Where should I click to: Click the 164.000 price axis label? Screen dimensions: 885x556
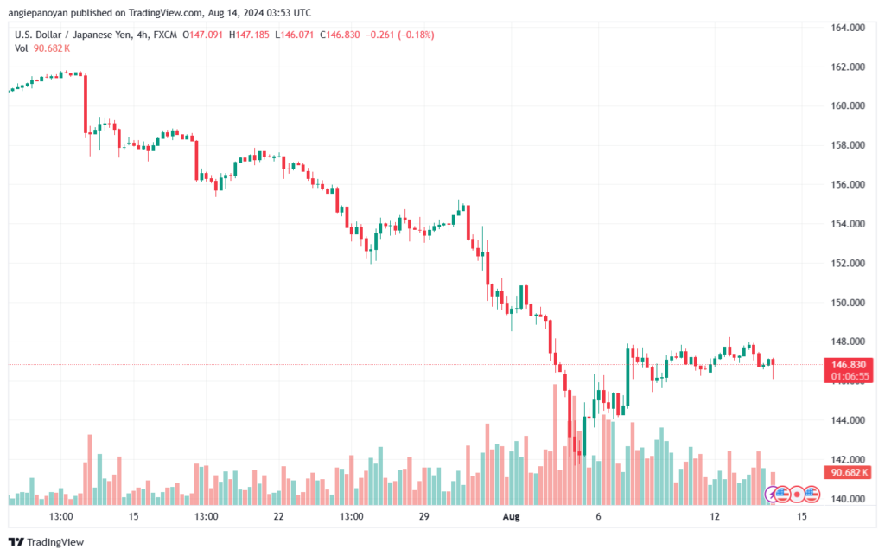848,28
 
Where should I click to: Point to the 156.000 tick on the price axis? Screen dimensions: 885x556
848,184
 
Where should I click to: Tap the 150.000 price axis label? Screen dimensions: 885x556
848,303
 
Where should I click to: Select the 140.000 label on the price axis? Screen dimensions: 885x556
848,499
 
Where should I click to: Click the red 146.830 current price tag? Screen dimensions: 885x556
849,365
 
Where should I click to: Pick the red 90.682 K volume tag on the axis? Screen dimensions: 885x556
849,472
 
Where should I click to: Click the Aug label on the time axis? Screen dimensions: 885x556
511,516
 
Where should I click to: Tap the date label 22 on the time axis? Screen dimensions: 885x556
278,516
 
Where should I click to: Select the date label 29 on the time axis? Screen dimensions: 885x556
423,516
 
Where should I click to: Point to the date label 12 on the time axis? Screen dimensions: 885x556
715,516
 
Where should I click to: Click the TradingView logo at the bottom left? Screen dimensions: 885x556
47,542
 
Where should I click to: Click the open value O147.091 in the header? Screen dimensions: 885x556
202,35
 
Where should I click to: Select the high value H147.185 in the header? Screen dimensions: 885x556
249,35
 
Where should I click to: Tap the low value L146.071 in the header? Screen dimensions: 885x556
294,35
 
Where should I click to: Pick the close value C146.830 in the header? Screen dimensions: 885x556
340,35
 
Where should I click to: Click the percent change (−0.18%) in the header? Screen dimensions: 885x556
416,35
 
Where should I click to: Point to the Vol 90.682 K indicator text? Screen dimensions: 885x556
42,48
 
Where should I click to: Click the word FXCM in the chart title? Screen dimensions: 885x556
165,35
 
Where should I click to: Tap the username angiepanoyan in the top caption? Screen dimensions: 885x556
38,13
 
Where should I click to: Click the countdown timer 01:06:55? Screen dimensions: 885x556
850,376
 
